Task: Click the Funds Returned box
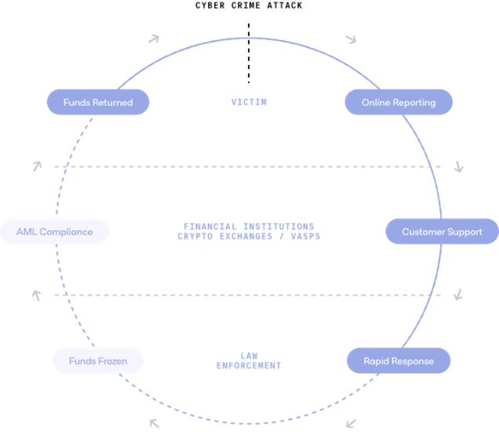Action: (98, 102)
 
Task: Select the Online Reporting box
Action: (399, 102)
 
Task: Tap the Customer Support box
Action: (442, 231)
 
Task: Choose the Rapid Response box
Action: (398, 361)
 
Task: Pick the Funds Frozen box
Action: (98, 361)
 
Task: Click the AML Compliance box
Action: (55, 231)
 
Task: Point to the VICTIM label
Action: (249, 102)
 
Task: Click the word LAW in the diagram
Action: (249, 356)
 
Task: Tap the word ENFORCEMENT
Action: (249, 366)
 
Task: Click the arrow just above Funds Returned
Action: (155, 38)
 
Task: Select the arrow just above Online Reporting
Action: (351, 38)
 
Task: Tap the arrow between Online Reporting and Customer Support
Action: (459, 166)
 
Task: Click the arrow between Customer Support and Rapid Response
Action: (458, 295)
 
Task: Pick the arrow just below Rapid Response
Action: (351, 424)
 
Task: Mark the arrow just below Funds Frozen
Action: (155, 424)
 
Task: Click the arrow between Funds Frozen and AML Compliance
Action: (36, 296)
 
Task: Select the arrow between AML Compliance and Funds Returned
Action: (36, 166)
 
